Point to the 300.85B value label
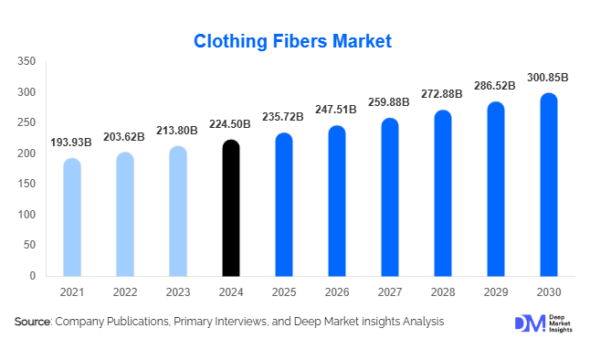pos(549,78)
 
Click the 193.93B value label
pos(72,143)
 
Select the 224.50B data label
pos(231,125)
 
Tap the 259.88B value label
pos(390,103)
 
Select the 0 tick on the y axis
pos(32,275)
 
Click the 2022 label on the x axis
pos(125,291)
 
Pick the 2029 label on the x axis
pos(496,291)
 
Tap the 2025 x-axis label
pos(284,291)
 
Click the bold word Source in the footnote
pos(33,322)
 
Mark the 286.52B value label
pos(496,86)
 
